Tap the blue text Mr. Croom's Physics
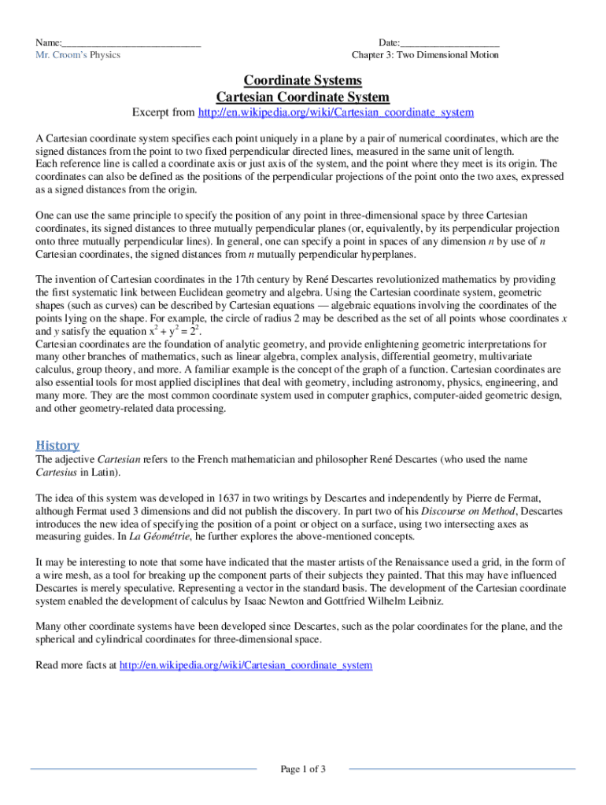pos(78,55)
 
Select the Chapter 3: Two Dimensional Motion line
pos(425,55)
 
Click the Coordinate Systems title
pos(303,81)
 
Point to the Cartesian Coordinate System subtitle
pos(303,97)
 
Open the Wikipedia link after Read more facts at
pos(245,665)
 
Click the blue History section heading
pos(57,445)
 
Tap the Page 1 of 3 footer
pos(303,769)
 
